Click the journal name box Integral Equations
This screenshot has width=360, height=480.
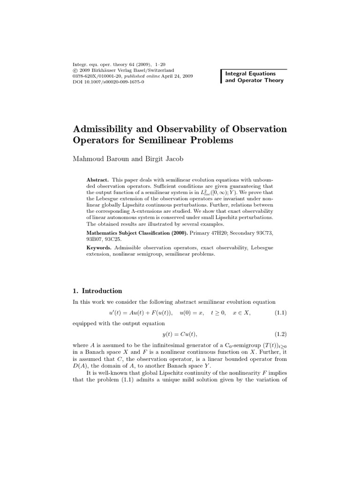[x=250, y=74]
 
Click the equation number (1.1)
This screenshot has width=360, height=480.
[x=280, y=313]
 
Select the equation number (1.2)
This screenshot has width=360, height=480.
[x=280, y=334]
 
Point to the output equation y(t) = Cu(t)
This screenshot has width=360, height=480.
[x=180, y=334]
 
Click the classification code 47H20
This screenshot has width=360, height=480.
[x=220, y=232]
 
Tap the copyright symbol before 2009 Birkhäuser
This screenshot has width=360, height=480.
[x=75, y=69]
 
